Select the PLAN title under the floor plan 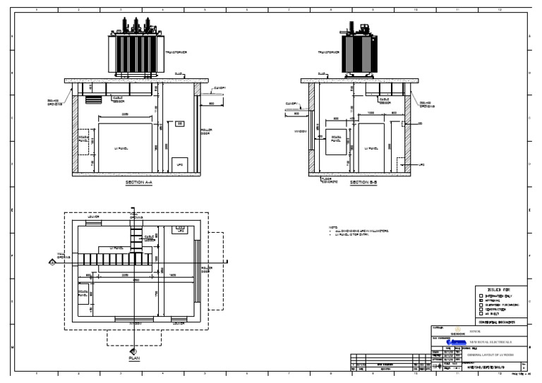pos(133,358)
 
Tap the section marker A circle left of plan pos(52,262)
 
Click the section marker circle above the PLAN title pos(133,351)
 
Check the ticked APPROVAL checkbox pos(481,300)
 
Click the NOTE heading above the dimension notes pos(334,227)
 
